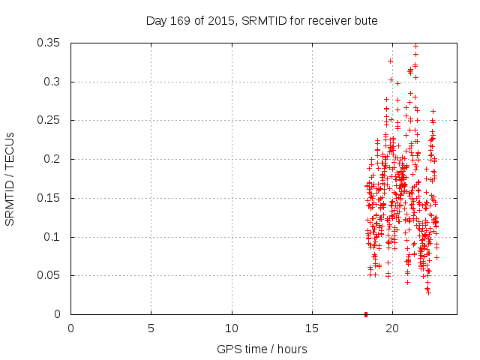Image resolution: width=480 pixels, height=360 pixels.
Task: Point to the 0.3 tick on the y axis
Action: pyautogui.click(x=55, y=82)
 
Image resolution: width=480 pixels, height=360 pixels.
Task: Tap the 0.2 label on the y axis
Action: pyautogui.click(x=55, y=159)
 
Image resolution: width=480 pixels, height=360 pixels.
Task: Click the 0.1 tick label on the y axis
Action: pyautogui.click(x=55, y=237)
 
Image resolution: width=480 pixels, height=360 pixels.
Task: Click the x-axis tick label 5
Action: pyautogui.click(x=151, y=328)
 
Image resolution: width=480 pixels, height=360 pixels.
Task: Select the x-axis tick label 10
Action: pyautogui.click(x=232, y=328)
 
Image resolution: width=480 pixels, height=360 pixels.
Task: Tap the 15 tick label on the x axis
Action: pyautogui.click(x=312, y=328)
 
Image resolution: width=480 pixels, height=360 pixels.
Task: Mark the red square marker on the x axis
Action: pyautogui.click(x=365, y=314)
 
